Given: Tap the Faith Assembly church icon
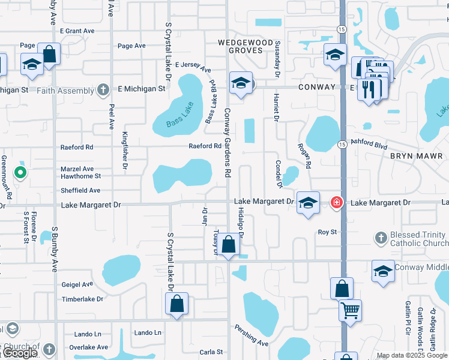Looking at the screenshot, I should (x=103, y=91).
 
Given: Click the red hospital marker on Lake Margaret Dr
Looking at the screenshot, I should (x=337, y=203).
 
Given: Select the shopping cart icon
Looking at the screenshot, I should (x=350, y=310).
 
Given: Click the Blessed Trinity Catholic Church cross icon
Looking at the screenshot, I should (x=380, y=238).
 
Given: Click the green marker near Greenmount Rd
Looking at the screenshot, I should (x=20, y=174).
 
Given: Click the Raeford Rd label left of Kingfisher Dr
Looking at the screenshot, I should (x=77, y=147).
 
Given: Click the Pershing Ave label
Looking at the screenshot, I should (x=256, y=336).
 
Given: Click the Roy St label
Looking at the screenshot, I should (x=327, y=232).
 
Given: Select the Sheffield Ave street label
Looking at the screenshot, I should (x=80, y=190).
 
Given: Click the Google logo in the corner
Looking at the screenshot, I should (x=19, y=353).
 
